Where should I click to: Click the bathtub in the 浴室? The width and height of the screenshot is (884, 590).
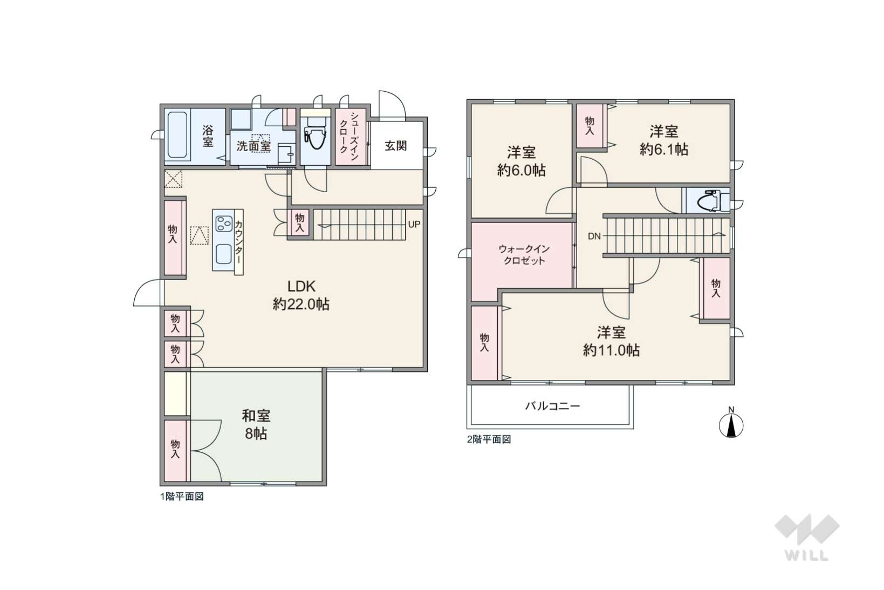[177, 135]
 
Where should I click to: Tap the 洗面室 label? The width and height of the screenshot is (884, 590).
[253, 146]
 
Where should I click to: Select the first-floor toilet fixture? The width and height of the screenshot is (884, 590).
[315, 132]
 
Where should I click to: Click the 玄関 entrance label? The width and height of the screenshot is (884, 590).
[395, 146]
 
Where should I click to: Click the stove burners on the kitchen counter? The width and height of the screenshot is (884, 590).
[223, 224]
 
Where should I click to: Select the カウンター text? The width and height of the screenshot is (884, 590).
[238, 242]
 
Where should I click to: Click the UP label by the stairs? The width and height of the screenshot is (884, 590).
[414, 225]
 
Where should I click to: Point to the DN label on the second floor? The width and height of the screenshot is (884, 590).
[594, 236]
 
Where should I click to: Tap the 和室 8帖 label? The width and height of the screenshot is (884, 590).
[256, 424]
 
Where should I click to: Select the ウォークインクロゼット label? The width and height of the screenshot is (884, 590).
[524, 255]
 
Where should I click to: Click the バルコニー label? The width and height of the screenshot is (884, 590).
[552, 406]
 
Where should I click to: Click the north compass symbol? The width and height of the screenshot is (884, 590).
[731, 423]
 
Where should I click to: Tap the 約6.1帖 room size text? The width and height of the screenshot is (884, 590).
[664, 150]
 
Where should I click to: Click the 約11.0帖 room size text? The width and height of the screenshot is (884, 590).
[611, 350]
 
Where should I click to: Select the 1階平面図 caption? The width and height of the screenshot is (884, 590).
[182, 497]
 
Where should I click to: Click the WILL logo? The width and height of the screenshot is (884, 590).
[807, 537]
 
